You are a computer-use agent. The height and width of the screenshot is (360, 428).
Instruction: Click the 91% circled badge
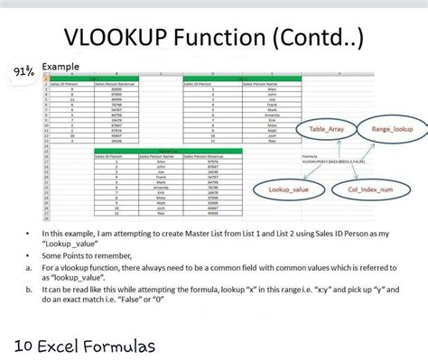point(24,71)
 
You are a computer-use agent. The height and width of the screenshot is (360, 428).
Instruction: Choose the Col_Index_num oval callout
point(370,189)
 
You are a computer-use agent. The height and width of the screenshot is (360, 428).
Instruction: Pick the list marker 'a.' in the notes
point(29,267)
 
